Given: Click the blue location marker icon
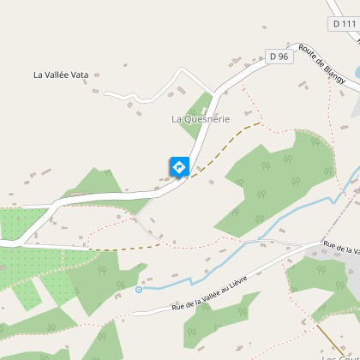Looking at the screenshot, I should (x=179, y=165).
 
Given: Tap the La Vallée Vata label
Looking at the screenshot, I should (x=61, y=75).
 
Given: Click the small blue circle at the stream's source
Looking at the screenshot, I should (x=139, y=290).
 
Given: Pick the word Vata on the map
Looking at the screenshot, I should (x=79, y=75).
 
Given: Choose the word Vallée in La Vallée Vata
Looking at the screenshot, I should (x=56, y=75).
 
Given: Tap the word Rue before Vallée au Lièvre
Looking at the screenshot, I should (x=178, y=305).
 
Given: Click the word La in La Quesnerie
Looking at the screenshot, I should (x=177, y=118).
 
